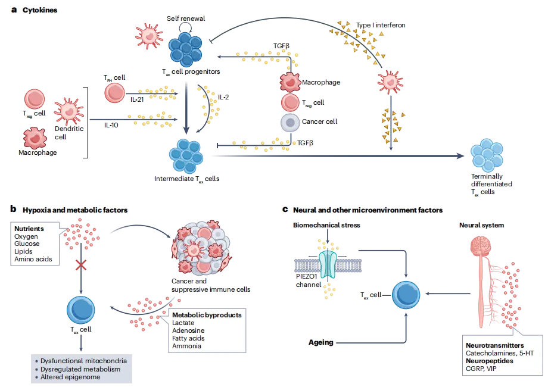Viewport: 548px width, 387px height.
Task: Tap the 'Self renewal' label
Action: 186,18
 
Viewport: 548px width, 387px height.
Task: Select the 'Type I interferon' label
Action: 381,26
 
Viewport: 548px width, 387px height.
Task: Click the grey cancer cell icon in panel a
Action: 290,122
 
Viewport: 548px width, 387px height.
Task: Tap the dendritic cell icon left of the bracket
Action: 69,110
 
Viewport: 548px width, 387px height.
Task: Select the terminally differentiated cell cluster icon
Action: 488,155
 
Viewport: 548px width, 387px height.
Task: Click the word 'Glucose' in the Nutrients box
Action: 27,244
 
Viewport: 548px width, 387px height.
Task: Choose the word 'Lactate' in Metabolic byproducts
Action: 183,323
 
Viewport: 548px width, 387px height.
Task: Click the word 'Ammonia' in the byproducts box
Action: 186,346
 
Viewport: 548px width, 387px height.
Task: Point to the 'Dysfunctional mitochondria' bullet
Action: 83,361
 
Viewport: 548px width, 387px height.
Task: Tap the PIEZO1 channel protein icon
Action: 327,263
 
